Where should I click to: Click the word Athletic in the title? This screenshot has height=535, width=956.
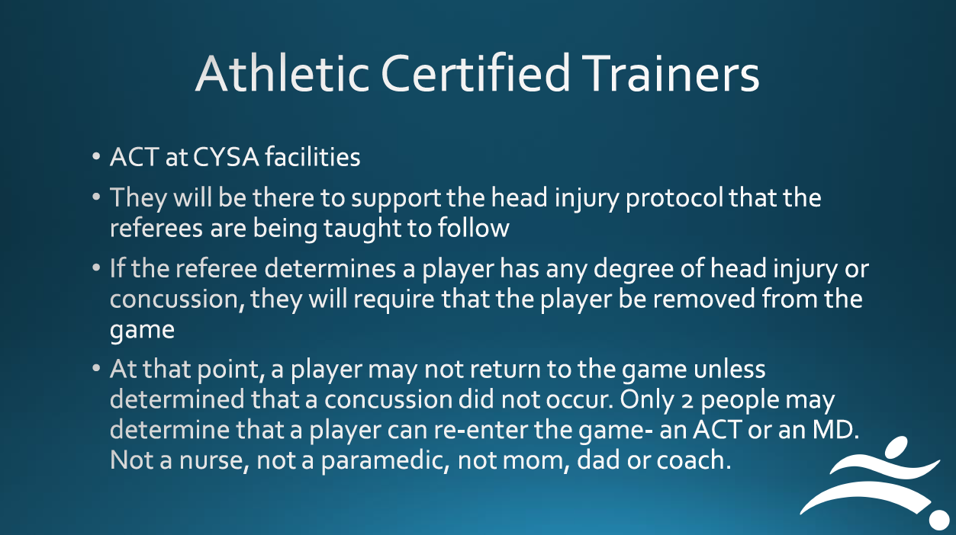[282, 73]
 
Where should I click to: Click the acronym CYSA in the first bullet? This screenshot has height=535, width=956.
[226, 156]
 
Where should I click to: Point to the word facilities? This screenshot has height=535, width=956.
[313, 156]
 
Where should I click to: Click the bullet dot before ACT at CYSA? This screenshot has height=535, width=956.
[96, 156]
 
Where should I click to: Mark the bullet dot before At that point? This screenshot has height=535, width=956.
[96, 368]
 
